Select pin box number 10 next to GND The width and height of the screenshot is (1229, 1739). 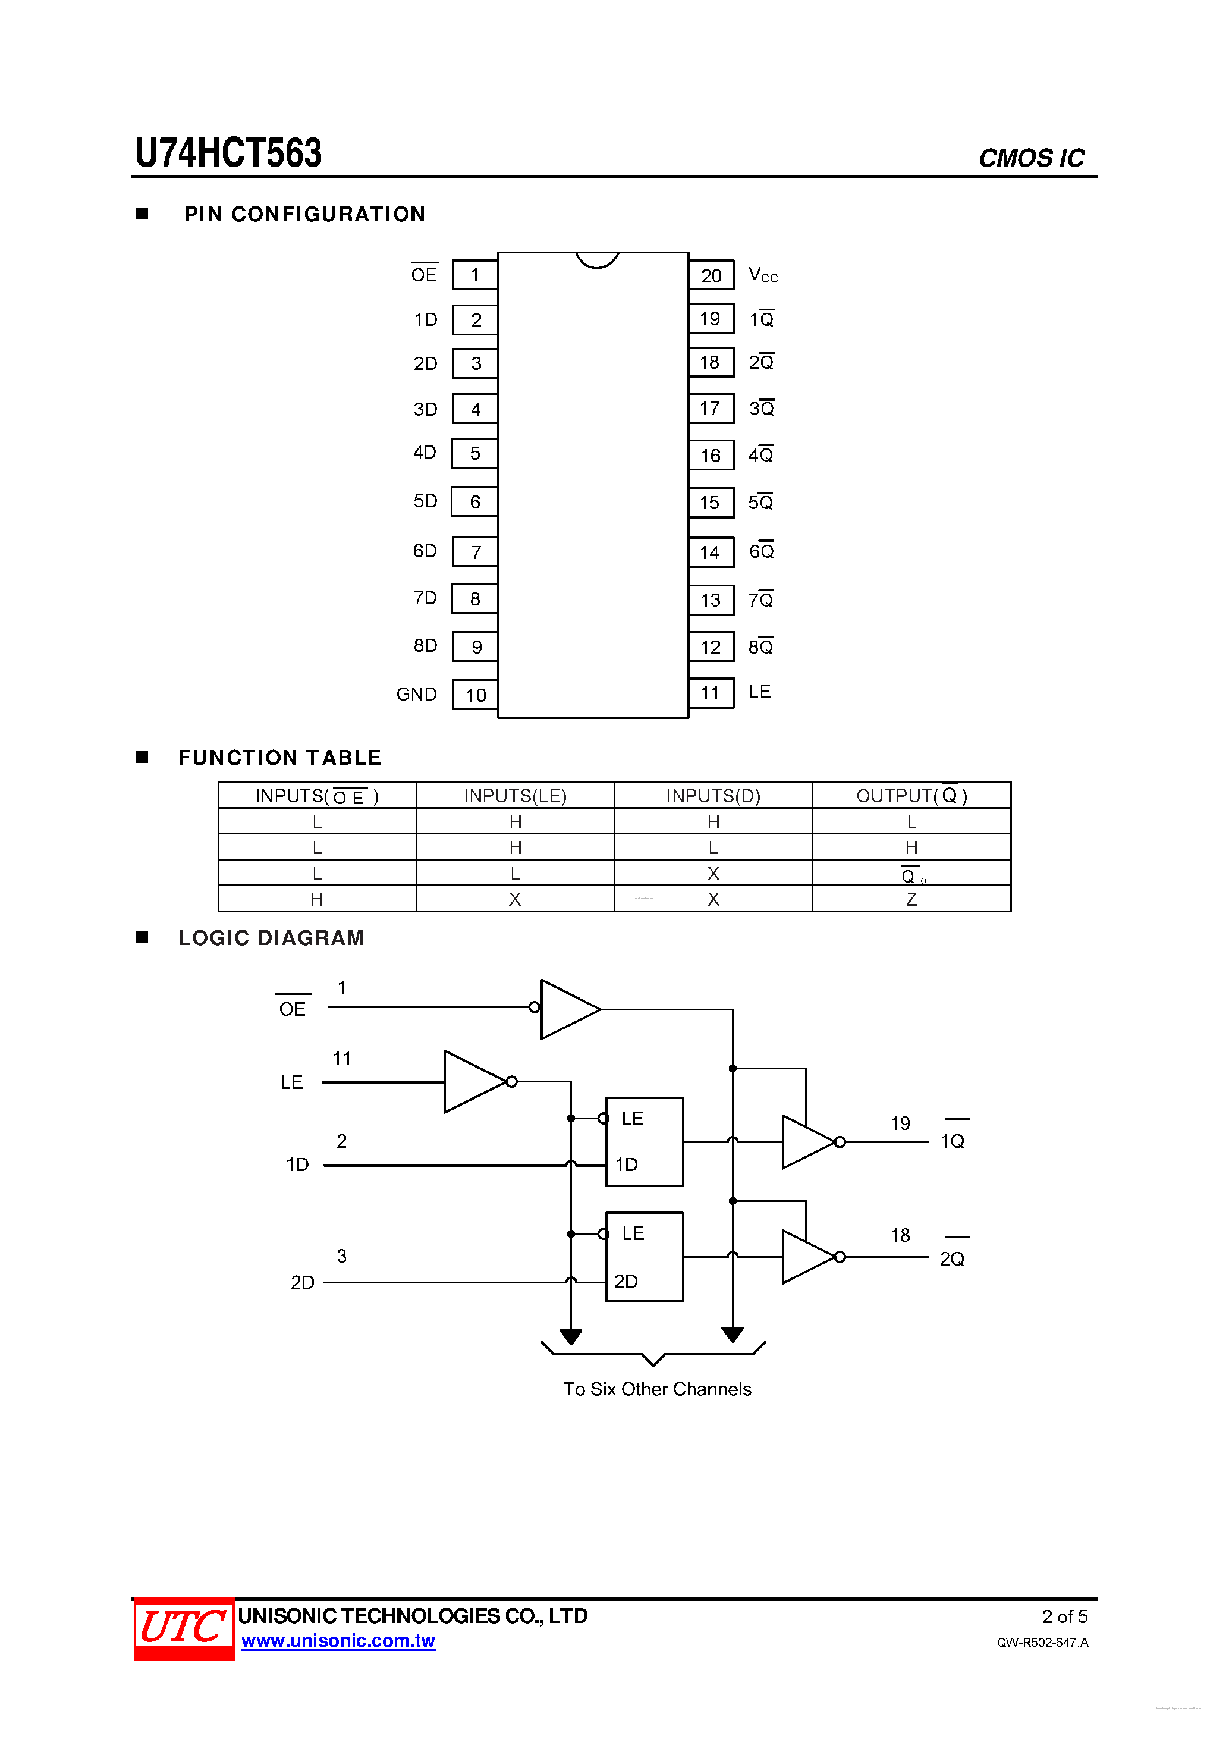(x=475, y=695)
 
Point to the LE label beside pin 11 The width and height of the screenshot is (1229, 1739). (x=759, y=692)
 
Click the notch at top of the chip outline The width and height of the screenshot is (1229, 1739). (x=597, y=260)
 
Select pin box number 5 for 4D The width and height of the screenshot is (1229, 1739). (x=475, y=454)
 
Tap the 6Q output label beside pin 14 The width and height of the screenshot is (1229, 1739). (x=761, y=551)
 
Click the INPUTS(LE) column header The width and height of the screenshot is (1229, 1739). (x=515, y=796)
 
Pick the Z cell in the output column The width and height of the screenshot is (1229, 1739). (x=911, y=899)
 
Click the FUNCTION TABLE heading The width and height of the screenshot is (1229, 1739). (x=279, y=758)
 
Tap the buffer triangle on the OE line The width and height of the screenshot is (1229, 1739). (x=568, y=1009)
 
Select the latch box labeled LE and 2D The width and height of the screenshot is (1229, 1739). (x=644, y=1257)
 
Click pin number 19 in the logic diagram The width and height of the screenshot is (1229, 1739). (x=900, y=1123)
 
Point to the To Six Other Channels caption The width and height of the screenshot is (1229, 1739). (x=656, y=1389)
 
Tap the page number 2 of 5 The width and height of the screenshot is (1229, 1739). (x=1064, y=1616)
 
